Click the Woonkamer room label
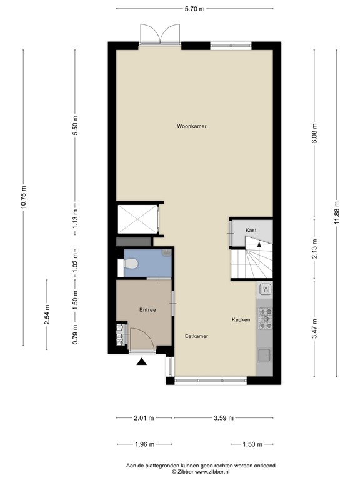(x=191, y=126)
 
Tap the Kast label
(x=251, y=231)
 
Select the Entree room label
(x=147, y=310)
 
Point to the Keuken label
(x=241, y=319)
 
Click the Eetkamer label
(x=196, y=336)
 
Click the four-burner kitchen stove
(x=264, y=319)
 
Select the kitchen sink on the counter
(x=264, y=354)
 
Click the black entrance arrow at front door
(x=141, y=361)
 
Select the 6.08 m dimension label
(x=314, y=132)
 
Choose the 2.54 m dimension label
(x=47, y=314)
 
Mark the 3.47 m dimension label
(x=314, y=328)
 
